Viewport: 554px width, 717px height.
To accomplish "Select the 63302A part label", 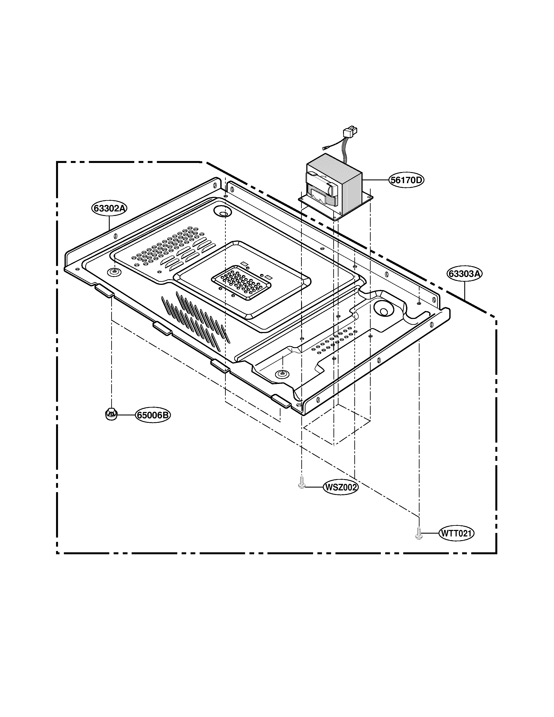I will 109,208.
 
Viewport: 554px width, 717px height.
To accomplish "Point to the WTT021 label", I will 456,533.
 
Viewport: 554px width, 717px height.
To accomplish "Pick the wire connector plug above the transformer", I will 349,132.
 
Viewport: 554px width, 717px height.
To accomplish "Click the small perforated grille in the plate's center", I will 241,282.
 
